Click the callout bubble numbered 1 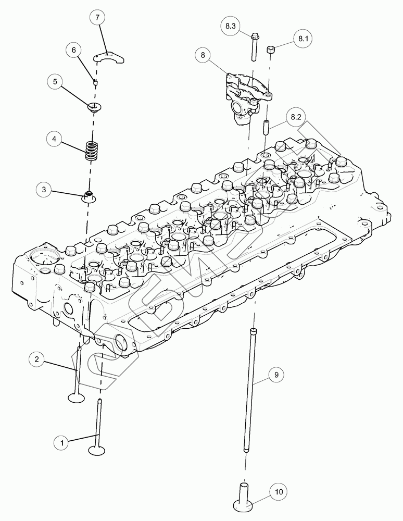pos(62,443)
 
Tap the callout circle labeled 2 pos(36,359)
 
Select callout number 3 pos(44,190)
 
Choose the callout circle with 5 pos(55,82)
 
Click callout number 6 pos(73,50)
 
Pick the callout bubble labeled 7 pos(96,17)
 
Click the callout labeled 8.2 pos(296,117)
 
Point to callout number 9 pos(276,374)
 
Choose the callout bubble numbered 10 pos(279,491)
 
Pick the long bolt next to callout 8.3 pos(254,49)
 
